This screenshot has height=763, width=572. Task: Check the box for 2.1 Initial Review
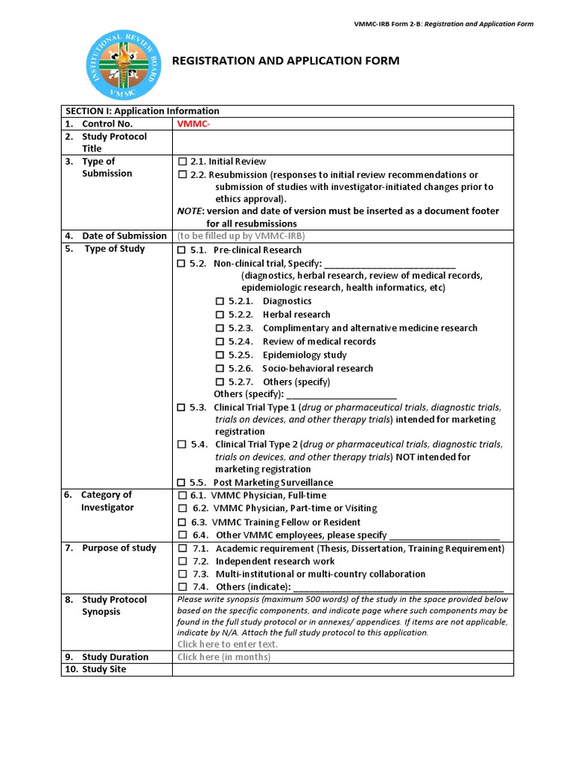[x=182, y=162]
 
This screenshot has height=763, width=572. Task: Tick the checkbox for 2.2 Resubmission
[x=182, y=175]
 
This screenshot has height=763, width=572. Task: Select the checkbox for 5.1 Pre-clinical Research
[x=181, y=250]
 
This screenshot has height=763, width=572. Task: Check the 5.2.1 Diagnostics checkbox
[x=220, y=302]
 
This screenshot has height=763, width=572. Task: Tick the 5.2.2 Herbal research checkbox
[x=220, y=315]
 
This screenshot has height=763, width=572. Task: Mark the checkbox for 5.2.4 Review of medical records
[x=220, y=342]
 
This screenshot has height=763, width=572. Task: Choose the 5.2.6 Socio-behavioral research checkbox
[x=220, y=369]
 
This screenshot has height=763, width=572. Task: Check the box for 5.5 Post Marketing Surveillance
[x=181, y=483]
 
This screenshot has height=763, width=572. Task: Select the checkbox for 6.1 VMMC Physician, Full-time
[x=182, y=496]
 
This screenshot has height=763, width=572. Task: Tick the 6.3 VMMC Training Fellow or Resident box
[x=182, y=522]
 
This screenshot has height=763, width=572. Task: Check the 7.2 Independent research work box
[x=182, y=562]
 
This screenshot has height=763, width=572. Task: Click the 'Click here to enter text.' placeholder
[x=227, y=644]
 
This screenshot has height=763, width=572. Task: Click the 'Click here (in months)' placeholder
[x=223, y=657]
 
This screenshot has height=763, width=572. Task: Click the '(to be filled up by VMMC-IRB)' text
[x=241, y=236]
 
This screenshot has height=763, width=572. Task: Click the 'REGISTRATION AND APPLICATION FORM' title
[x=286, y=60]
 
